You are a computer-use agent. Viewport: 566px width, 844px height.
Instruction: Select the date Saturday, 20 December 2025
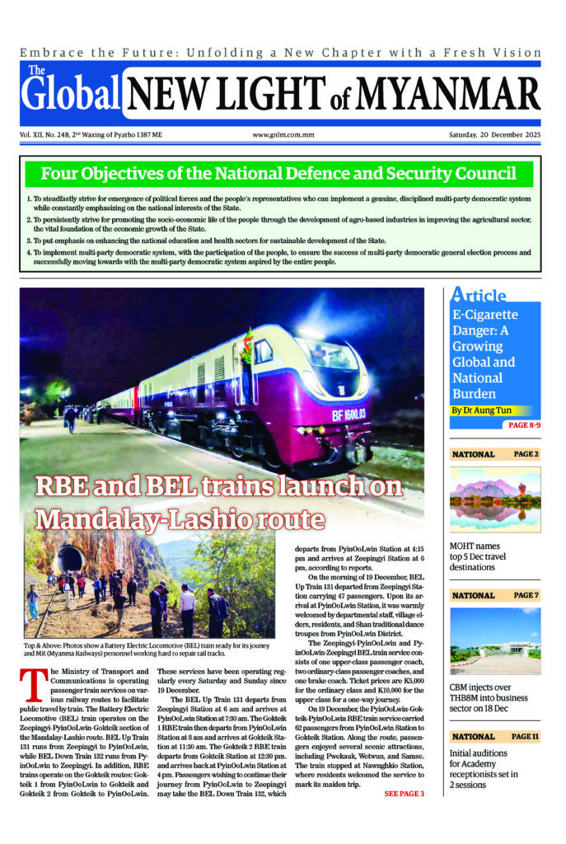[x=493, y=135]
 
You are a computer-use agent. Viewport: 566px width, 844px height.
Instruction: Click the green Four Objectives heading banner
[x=278, y=174]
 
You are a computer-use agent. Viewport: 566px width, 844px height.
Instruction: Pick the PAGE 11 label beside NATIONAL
[x=524, y=736]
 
